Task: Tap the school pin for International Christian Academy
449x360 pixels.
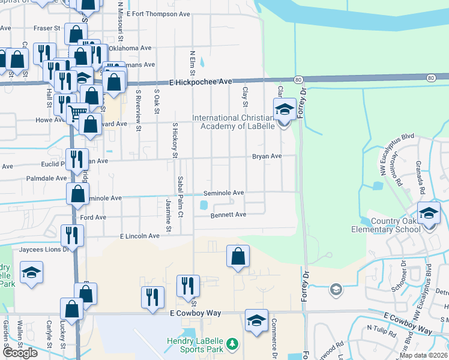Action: pyautogui.click(x=285, y=110)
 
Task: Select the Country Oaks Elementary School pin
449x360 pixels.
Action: pyautogui.click(x=429, y=214)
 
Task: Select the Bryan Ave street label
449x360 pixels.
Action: pyautogui.click(x=267, y=156)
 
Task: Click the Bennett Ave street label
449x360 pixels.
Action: pyautogui.click(x=228, y=214)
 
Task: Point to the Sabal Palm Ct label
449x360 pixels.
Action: pyautogui.click(x=180, y=188)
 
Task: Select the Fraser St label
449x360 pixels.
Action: pyautogui.click(x=47, y=28)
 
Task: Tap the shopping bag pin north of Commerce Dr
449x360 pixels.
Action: pyautogui.click(x=238, y=257)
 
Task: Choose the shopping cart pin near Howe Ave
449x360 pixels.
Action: pyautogui.click(x=77, y=112)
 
